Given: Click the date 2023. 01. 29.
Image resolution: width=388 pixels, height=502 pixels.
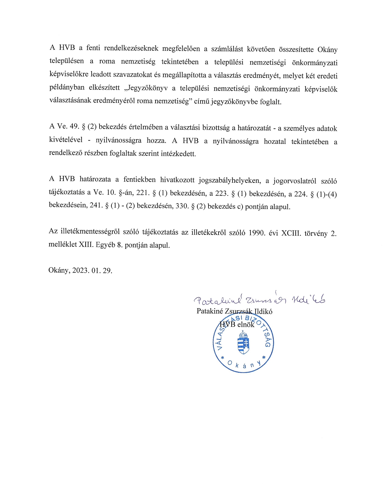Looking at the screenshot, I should tap(92, 270).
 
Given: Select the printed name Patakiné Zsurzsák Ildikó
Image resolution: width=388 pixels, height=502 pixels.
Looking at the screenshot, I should tap(234, 311).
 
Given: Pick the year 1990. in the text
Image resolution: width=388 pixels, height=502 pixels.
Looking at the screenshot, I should tap(257, 233).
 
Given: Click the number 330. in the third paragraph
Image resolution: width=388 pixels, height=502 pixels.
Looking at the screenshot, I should tap(182, 206).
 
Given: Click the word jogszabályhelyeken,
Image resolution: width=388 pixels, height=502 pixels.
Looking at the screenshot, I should tap(229, 180).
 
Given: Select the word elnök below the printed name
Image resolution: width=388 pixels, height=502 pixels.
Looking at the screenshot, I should tap(246, 324).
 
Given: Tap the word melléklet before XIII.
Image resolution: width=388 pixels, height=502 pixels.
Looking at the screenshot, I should tap(63, 245).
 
